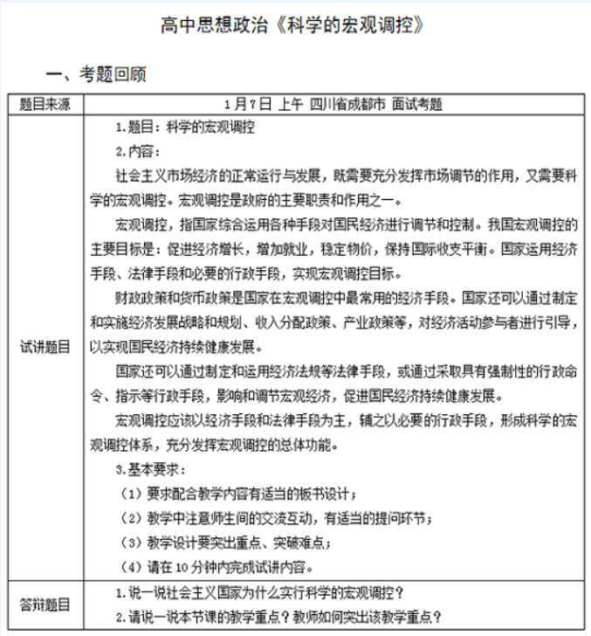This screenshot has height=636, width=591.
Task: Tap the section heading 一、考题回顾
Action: [96, 75]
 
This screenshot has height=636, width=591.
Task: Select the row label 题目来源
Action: [45, 104]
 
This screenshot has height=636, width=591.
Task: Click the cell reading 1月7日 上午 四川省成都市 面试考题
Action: [333, 104]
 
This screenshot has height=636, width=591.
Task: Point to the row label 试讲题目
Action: [45, 346]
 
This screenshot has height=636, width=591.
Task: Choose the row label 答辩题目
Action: [45, 604]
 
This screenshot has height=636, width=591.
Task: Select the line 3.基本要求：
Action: [145, 470]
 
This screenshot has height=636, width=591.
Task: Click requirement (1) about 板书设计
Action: [239, 494]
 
